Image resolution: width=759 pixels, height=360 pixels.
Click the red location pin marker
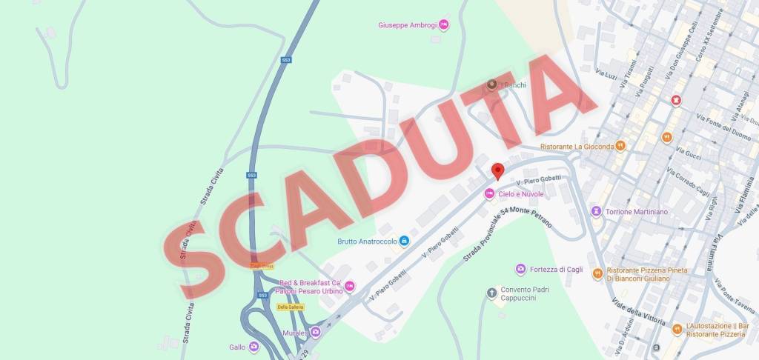(497, 171)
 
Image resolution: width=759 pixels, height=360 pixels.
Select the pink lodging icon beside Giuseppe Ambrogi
(443, 25)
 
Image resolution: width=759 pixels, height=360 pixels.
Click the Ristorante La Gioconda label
(577, 147)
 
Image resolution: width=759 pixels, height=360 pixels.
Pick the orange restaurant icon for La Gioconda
(621, 147)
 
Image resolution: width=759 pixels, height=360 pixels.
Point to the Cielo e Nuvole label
(520, 194)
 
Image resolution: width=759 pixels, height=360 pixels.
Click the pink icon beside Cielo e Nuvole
(489, 194)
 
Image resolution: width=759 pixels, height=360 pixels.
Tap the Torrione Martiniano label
(636, 212)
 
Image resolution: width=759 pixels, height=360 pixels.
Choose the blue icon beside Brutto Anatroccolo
(404, 241)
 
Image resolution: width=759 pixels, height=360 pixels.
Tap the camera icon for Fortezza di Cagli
(521, 269)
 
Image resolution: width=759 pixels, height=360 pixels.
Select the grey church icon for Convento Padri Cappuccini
(491, 294)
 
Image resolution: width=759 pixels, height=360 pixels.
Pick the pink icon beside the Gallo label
(254, 346)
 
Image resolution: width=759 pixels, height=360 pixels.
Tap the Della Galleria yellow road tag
(291, 307)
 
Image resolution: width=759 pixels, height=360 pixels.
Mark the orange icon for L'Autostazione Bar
(677, 329)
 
